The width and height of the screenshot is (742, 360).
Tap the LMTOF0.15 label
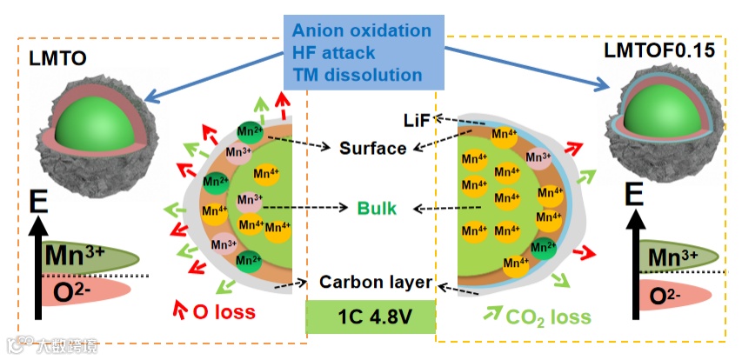pos(659,50)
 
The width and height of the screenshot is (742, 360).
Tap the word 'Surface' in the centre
pos(372,148)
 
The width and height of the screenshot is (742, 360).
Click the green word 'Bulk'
pos(377,209)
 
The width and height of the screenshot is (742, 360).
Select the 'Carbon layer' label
pos(375,283)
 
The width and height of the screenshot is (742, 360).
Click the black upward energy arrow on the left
pos(37,270)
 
